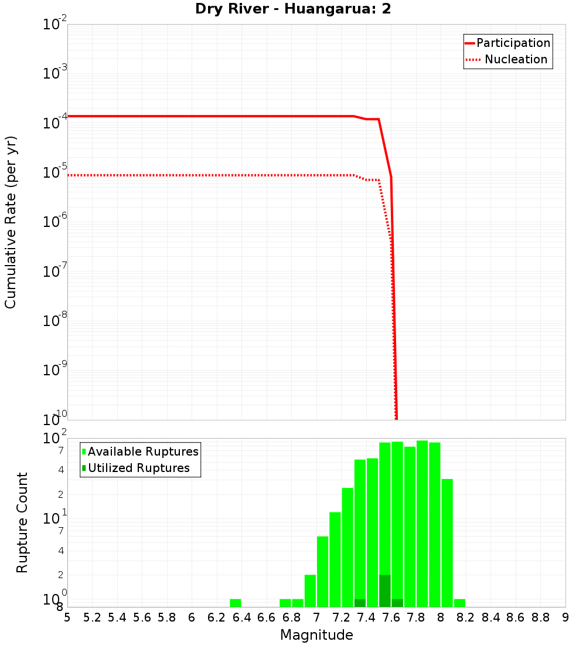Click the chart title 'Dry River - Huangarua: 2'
click(x=293, y=9)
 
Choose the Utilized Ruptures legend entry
click(x=138, y=468)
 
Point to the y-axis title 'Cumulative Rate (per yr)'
click(x=11, y=222)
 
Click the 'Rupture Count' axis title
click(x=22, y=522)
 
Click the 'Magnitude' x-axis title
click(x=316, y=634)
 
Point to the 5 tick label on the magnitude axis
click(x=67, y=617)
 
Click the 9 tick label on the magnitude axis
click(x=565, y=617)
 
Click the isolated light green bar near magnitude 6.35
click(x=236, y=603)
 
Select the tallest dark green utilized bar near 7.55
click(x=385, y=590)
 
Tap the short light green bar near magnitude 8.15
click(x=459, y=603)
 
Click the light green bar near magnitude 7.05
click(x=322, y=571)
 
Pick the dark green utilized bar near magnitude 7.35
click(x=360, y=603)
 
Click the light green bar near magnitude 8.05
click(x=447, y=542)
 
